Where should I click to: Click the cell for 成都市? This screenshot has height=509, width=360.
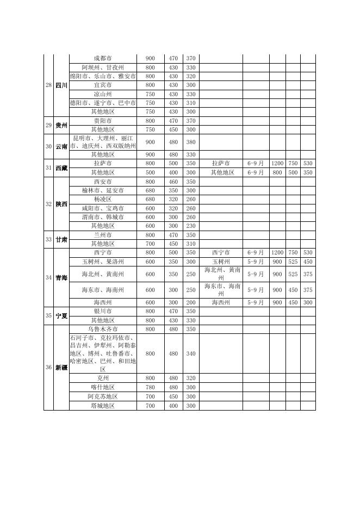pyautogui.click(x=103, y=59)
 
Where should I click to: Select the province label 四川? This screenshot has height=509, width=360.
pyautogui.click(x=61, y=85)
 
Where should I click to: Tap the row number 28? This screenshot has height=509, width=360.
pyautogui.click(x=48, y=85)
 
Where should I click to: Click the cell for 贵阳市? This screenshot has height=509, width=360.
pyautogui.click(x=103, y=121)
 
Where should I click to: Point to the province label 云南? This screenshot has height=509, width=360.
pyautogui.click(x=61, y=146)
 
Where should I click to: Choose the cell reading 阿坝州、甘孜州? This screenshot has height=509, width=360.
pyautogui.click(x=103, y=67)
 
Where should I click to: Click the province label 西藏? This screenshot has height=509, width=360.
pyautogui.click(x=61, y=168)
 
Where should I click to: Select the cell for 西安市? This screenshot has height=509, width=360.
pyautogui.click(x=103, y=182)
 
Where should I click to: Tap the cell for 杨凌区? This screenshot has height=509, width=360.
pyautogui.click(x=103, y=200)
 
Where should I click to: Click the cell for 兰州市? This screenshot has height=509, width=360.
pyautogui.click(x=103, y=235)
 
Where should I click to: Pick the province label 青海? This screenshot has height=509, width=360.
pyautogui.click(x=61, y=278)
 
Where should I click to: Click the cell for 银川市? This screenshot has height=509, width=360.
pyautogui.click(x=103, y=312)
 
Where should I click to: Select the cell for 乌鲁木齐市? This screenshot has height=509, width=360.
pyautogui.click(x=103, y=330)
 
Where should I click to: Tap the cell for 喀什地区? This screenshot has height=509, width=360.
pyautogui.click(x=103, y=387)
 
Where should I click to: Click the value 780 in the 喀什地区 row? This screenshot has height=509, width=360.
pyautogui.click(x=150, y=387)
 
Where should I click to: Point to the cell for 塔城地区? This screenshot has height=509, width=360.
pyautogui.click(x=103, y=406)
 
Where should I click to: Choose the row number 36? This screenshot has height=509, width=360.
pyautogui.click(x=48, y=368)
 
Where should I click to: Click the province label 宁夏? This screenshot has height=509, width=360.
pyautogui.click(x=61, y=316)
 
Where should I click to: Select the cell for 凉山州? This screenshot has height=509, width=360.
pyautogui.click(x=103, y=94)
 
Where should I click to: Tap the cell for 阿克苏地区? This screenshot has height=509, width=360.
pyautogui.click(x=103, y=396)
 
